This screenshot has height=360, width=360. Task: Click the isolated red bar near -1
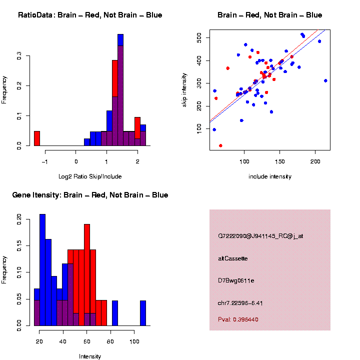pyautogui.click(x=36, y=138)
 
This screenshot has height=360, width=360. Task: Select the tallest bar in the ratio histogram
pyautogui.click(x=120, y=90)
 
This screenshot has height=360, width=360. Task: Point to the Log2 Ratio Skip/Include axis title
pyautogui.click(x=90, y=176)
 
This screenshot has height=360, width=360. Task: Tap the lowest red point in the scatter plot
pyautogui.click(x=220, y=145)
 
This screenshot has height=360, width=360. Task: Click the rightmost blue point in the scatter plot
pyautogui.click(x=325, y=80)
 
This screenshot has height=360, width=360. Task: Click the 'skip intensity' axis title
pyautogui.click(x=185, y=89)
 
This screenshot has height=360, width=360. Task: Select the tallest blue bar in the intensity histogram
pyautogui.click(x=42, y=270)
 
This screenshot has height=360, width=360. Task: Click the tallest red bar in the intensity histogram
pyautogui.click(x=87, y=275)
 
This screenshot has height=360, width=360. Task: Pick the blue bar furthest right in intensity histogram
pyautogui.click(x=143, y=313)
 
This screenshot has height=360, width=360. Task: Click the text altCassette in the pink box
pyautogui.click(x=232, y=258)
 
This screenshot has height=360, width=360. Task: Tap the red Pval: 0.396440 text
pyautogui.click(x=238, y=319)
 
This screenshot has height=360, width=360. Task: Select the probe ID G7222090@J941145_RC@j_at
pyautogui.click(x=260, y=235)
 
